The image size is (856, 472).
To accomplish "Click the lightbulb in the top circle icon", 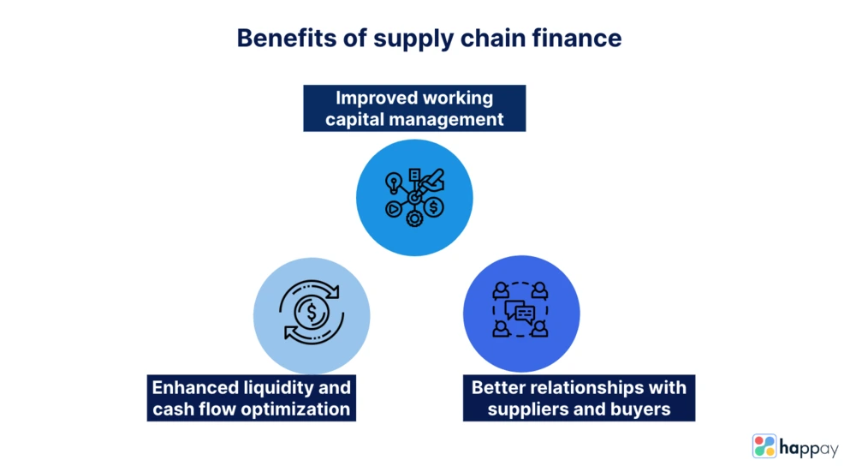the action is coord(393,182).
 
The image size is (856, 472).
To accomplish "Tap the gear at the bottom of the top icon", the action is coord(414,218).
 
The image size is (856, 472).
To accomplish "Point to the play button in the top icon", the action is coord(393,209).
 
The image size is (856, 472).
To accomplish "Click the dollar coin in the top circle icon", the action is coord(434,207).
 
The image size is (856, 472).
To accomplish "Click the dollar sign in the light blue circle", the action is coord(312,312).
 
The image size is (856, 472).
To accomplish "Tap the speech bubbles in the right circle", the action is coord(520,312).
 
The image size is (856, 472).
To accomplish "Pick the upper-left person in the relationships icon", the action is coord(501,290).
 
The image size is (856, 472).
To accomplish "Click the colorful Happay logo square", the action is coord(764,445).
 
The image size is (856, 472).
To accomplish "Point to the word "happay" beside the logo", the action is coord(809,449).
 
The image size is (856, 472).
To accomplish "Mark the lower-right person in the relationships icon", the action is coord(539,329).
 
